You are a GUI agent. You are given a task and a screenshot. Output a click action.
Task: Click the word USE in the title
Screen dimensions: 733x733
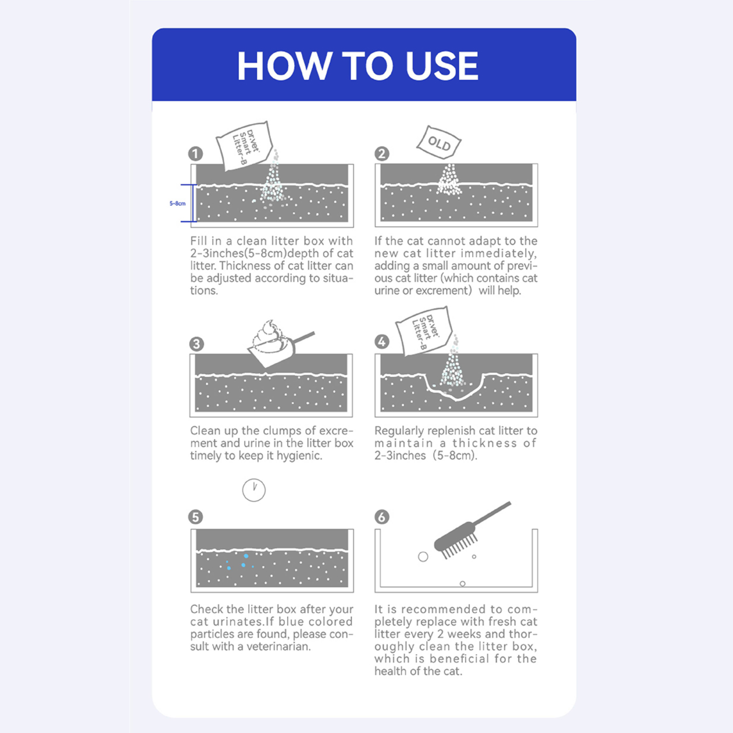(x=442, y=66)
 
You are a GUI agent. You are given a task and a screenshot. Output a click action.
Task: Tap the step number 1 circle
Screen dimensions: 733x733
(x=196, y=154)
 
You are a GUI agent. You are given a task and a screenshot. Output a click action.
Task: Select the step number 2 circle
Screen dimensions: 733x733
(x=382, y=154)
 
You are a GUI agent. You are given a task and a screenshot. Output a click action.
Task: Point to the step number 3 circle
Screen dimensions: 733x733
(x=197, y=344)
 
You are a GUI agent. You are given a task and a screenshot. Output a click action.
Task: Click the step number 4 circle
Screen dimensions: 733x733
(x=382, y=342)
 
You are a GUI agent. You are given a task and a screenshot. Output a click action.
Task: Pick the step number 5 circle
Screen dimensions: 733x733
(x=196, y=517)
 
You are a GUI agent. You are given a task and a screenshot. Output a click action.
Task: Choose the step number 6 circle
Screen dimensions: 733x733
(x=382, y=517)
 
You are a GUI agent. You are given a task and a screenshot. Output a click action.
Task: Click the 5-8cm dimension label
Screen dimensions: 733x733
(x=177, y=203)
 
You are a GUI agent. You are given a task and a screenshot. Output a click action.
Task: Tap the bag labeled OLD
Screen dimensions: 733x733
(x=439, y=143)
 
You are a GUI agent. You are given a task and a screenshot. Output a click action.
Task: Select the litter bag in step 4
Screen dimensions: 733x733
(x=424, y=331)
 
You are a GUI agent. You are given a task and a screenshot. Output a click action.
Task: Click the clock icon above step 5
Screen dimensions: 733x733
(x=254, y=490)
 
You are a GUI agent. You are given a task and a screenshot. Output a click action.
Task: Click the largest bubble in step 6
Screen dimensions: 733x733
(x=423, y=557)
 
